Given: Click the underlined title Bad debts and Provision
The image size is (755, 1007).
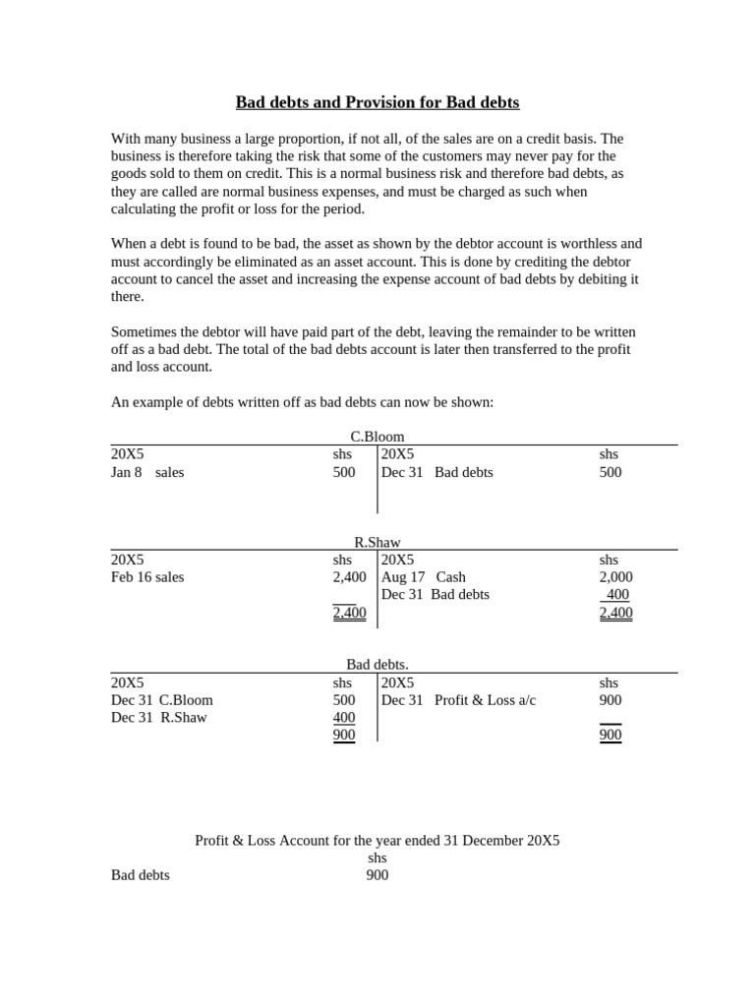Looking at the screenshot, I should [377, 102].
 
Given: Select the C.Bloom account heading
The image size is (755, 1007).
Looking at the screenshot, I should [377, 437].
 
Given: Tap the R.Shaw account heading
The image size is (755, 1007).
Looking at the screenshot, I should [377, 542].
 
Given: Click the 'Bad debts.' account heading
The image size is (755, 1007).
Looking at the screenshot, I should [377, 665].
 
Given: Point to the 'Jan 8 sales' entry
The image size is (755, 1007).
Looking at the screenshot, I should [147, 472].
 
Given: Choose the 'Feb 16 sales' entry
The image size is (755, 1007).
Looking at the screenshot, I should [147, 577].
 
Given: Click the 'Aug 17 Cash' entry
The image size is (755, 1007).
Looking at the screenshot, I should [424, 577].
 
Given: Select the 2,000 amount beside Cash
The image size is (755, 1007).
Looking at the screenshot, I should [615, 577].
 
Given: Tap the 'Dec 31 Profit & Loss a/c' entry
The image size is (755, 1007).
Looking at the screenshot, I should [458, 700].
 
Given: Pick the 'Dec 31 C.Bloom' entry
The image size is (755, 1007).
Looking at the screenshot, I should [162, 700].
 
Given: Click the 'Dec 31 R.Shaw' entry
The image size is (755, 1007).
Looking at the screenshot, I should [159, 718].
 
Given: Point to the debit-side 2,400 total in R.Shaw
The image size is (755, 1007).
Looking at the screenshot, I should [349, 613].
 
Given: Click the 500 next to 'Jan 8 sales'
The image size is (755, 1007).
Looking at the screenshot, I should [344, 472].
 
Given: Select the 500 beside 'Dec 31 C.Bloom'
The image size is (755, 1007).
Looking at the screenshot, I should [344, 700].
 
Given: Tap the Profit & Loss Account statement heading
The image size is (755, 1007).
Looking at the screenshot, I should [377, 841].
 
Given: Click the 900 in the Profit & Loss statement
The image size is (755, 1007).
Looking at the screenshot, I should [377, 875].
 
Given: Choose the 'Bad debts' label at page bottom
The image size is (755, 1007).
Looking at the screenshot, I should [140, 875].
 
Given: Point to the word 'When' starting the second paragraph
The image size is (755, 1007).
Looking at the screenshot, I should [128, 243].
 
